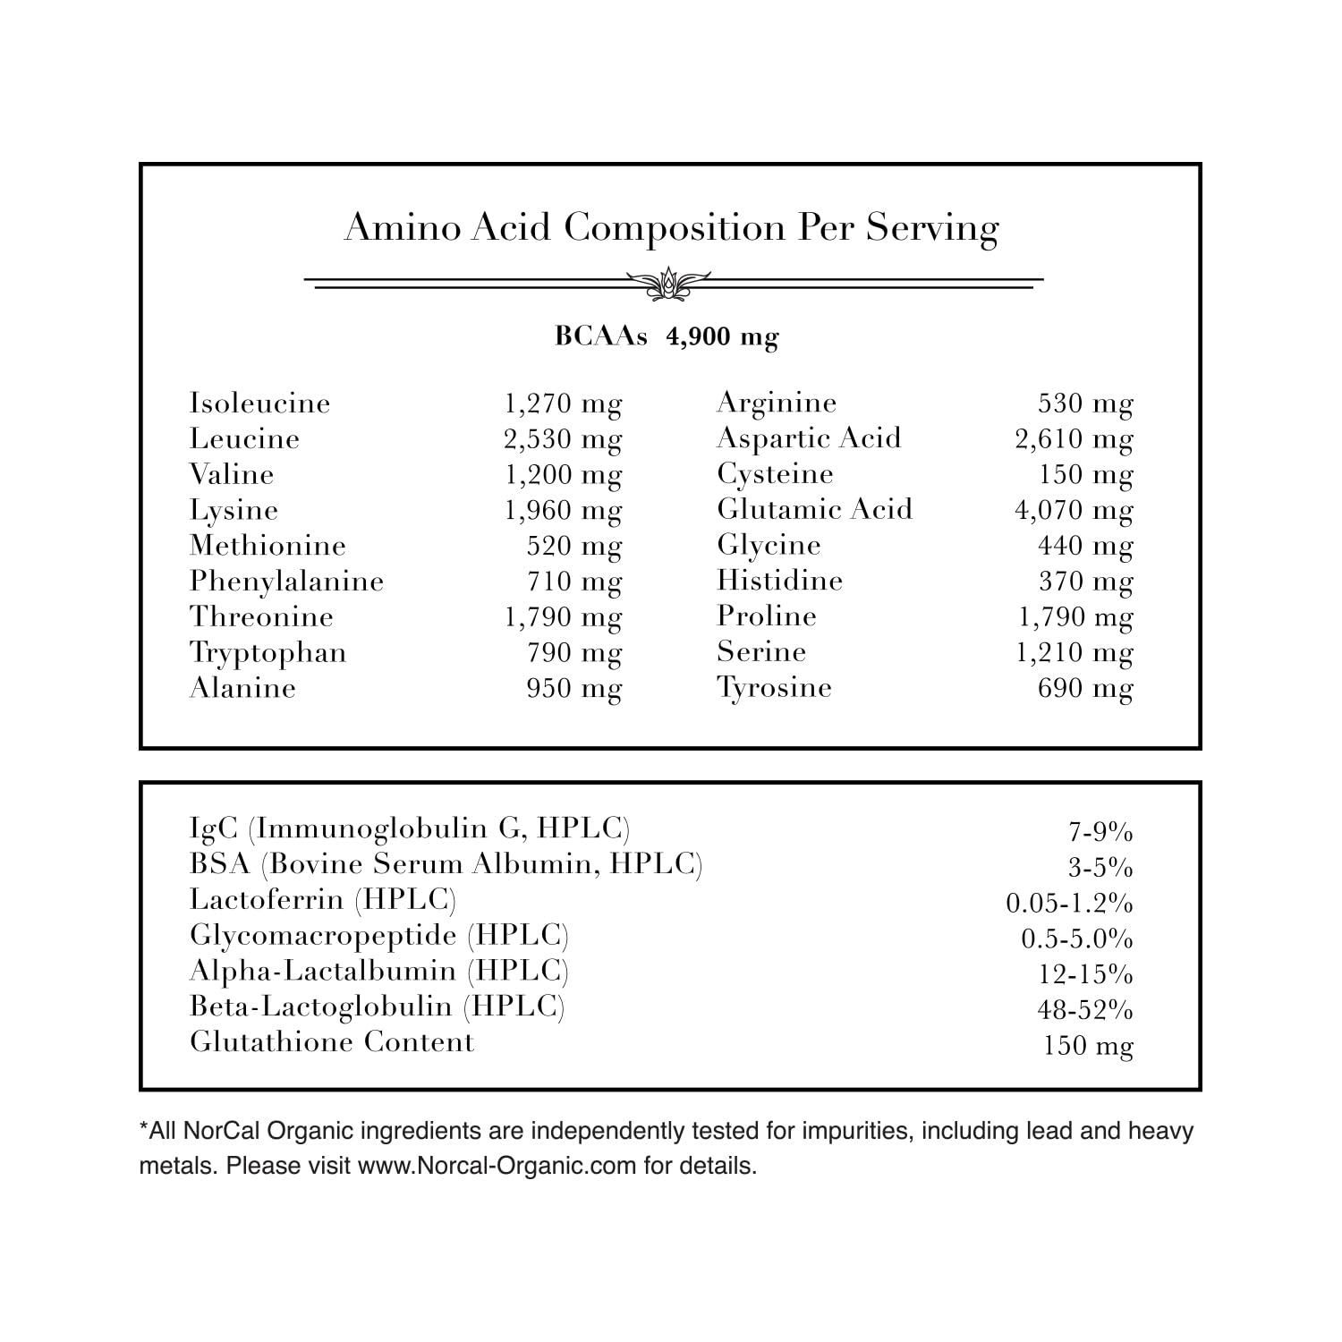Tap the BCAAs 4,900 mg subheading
click(667, 336)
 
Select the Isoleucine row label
click(259, 403)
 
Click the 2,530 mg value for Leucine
click(563, 439)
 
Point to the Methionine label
click(268, 546)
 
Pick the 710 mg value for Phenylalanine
click(573, 582)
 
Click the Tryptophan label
click(268, 653)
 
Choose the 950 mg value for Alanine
click(573, 689)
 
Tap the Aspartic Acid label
click(809, 438)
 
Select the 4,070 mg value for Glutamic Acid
click(1074, 511)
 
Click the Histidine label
click(779, 582)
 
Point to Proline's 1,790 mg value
click(1075, 617)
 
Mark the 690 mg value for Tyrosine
click(1084, 689)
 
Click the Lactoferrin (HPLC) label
click(323, 900)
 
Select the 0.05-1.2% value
click(1069, 904)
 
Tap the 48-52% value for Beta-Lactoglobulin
click(1084, 1010)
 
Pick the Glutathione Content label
click(332, 1042)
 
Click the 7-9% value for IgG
click(1100, 833)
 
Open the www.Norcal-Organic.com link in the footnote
click(497, 1167)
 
